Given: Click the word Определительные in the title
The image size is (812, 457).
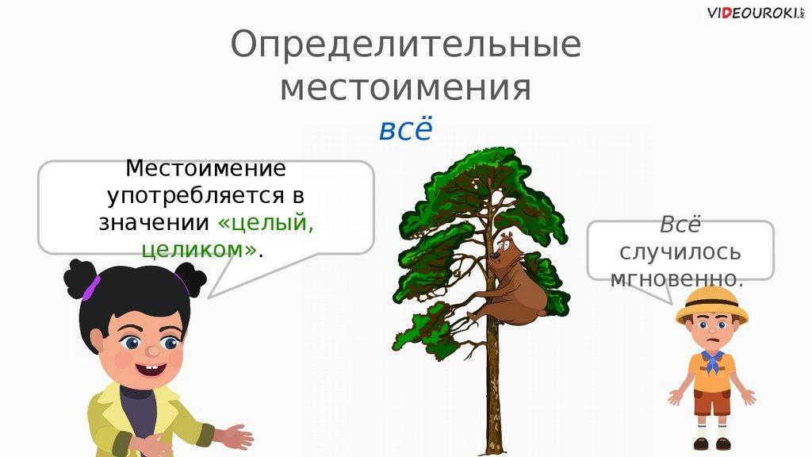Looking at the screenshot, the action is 405,45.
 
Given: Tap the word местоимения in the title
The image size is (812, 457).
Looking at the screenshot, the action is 405,88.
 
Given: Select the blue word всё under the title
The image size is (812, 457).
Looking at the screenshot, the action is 405,129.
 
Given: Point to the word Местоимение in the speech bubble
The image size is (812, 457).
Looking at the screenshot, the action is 205,168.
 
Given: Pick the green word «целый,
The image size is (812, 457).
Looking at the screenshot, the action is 266,223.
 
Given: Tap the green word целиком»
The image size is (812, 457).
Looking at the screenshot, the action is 199,250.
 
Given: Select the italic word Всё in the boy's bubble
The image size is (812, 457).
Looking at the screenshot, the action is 680,225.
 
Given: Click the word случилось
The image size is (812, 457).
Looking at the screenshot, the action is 680,252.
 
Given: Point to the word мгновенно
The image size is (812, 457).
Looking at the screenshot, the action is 677,279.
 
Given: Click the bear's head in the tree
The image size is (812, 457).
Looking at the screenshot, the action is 505,247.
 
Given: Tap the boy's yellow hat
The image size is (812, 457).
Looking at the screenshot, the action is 712,304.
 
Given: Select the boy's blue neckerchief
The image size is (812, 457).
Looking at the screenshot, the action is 712,361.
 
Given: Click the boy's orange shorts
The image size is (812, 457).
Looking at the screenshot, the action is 711,402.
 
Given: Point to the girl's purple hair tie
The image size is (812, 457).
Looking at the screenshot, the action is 91,288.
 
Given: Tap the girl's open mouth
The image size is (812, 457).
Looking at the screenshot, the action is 151,370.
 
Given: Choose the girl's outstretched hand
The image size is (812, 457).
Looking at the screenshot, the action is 236,438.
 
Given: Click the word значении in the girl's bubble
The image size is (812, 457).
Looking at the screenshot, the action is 154,223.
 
